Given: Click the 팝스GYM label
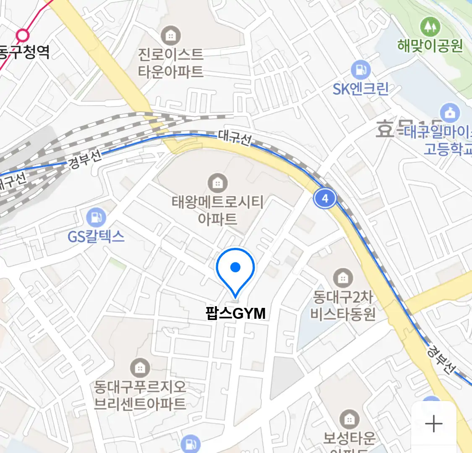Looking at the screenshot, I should click(x=236, y=313).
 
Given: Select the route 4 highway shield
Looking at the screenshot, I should click(x=325, y=198).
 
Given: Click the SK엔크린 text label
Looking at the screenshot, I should click(x=361, y=89).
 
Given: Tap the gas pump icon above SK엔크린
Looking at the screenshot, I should click(x=360, y=70).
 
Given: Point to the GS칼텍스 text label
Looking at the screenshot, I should click(x=96, y=237).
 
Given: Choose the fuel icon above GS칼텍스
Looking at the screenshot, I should click(x=96, y=218).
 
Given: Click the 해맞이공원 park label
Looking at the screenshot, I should click(x=430, y=45).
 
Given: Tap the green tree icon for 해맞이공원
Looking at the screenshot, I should click(x=430, y=27).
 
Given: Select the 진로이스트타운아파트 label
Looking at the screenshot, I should click(x=171, y=63).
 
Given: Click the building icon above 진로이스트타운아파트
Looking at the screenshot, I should click(x=170, y=36).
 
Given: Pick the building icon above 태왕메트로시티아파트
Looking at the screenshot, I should click(x=217, y=183).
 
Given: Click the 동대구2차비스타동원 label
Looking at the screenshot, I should click(x=343, y=306).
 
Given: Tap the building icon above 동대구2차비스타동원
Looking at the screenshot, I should click(x=343, y=278).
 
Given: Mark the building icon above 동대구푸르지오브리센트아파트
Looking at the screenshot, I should click(x=140, y=368).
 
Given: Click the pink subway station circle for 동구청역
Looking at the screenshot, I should click(x=23, y=35).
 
